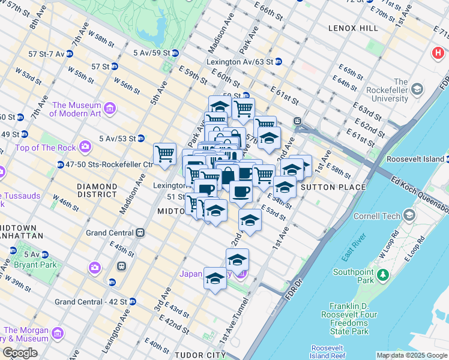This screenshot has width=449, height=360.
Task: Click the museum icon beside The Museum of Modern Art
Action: point(109,108)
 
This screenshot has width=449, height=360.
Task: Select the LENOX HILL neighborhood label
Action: point(353,28)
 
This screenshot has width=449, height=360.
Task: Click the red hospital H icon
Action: point(439,53)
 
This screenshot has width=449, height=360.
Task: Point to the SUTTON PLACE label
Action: point(333,187)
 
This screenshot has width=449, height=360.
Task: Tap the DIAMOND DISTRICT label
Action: point(97,190)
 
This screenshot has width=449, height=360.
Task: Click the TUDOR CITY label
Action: point(199,355)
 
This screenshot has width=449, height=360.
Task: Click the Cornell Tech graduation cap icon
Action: point(409,215)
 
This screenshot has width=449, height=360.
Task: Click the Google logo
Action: point(20,353)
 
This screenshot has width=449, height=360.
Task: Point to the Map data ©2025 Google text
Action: point(411,355)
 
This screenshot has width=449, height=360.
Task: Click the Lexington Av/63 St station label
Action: point(239,61)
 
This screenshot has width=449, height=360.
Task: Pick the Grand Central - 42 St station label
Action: point(91,301)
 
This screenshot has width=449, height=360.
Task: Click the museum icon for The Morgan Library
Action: point(58,332)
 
